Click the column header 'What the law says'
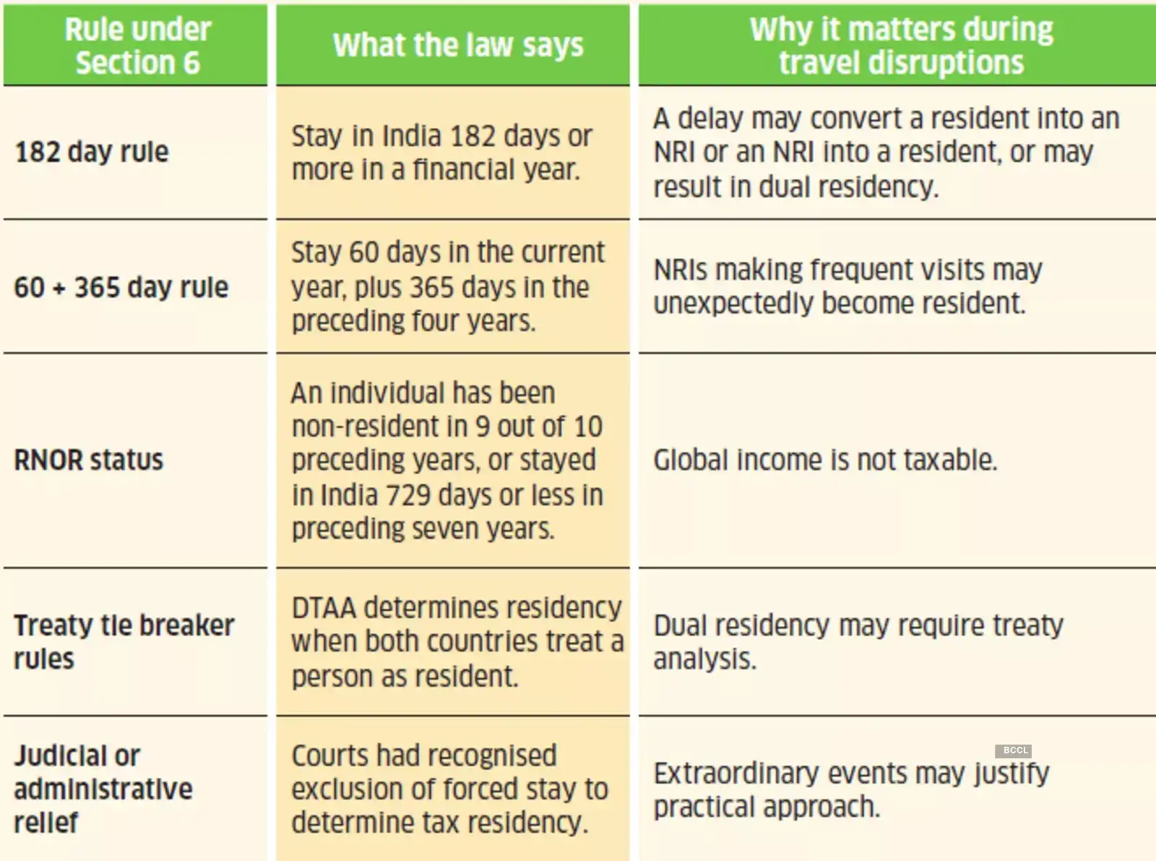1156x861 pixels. tap(457, 45)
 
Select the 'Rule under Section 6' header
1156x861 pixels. tap(137, 46)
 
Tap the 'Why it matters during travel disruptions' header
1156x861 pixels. tap(901, 46)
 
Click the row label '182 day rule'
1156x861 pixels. tap(92, 152)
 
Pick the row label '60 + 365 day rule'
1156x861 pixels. tap(121, 287)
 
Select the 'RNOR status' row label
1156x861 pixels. tap(89, 460)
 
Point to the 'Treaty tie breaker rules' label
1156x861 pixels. tap(124, 641)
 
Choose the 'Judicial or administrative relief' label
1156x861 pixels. tap(103, 789)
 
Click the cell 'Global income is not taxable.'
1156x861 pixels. tap(825, 460)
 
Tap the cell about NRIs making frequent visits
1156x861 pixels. tap(847, 286)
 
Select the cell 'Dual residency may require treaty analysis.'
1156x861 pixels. tap(858, 641)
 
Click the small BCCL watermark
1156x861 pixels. tap(1015, 750)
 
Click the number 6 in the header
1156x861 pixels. tap(191, 63)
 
